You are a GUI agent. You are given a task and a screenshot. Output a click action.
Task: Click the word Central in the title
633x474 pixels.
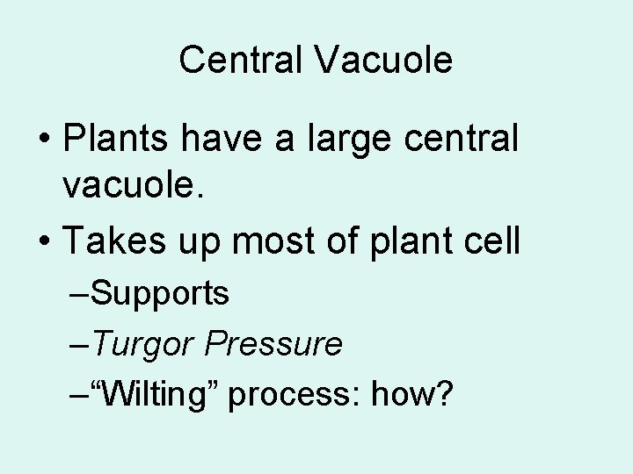point(237,61)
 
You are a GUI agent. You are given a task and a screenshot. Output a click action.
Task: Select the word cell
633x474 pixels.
point(491,240)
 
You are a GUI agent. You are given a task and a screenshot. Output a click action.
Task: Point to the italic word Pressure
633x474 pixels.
point(273,344)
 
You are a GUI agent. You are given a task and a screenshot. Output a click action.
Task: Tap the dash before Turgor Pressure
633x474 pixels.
point(79,345)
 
